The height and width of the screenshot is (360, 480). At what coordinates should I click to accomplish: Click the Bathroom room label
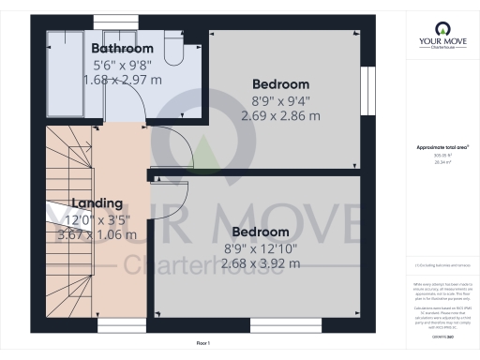(x=122, y=49)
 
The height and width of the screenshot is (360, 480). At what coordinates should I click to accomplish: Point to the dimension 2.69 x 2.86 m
(x=280, y=117)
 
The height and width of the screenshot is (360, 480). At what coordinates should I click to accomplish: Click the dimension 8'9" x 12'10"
(x=261, y=247)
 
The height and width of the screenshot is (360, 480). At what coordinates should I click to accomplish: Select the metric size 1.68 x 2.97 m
(x=122, y=81)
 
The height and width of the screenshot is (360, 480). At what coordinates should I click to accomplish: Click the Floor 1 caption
(x=203, y=344)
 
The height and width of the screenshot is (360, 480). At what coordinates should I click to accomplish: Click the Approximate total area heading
(x=442, y=148)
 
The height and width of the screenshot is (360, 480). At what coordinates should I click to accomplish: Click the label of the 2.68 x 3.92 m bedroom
(x=261, y=232)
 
